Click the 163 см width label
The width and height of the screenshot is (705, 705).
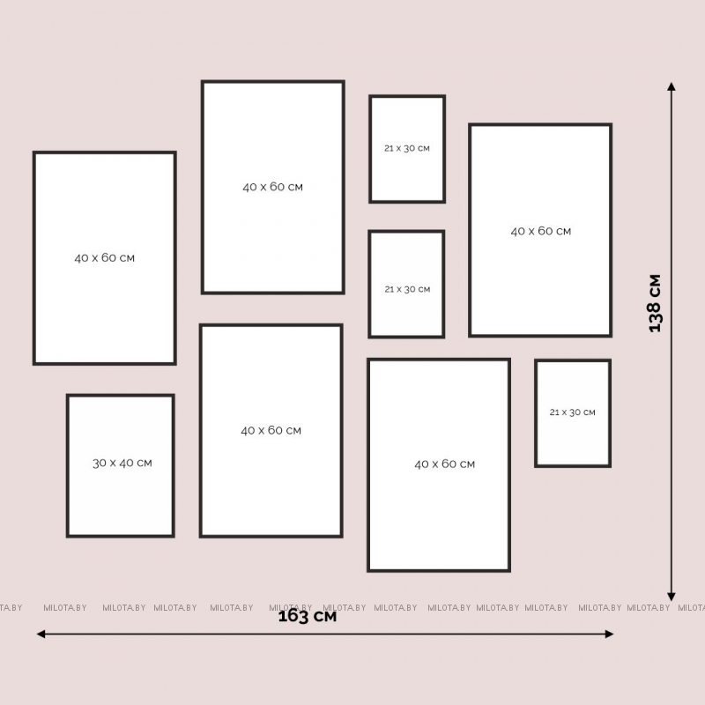pos(307,616)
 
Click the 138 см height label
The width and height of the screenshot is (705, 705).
pos(655,303)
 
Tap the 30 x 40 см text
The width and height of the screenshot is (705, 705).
pos(122,463)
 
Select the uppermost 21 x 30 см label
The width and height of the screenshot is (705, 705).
pos(407,148)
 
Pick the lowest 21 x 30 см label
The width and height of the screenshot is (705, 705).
pos(572,412)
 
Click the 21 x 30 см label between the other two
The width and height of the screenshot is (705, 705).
pos(407,289)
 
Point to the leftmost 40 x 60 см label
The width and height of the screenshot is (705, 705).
pos(104,257)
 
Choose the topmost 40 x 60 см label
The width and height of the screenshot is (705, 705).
pos(273,187)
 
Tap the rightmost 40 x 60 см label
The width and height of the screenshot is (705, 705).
pos(541,231)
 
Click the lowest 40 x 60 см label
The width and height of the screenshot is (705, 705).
pos(445,464)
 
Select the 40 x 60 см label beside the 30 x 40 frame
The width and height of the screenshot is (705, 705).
pos(271,430)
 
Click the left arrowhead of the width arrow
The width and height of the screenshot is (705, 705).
pos(41,634)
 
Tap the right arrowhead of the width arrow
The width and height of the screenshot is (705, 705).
pos(610,634)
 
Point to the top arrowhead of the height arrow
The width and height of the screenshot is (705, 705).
pos(672,86)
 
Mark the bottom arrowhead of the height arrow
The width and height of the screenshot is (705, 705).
pos(672,597)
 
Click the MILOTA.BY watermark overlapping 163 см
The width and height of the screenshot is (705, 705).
pos(291,607)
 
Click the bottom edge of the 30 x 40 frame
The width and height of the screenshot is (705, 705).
pos(121,536)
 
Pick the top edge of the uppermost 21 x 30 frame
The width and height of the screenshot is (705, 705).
pos(407,96)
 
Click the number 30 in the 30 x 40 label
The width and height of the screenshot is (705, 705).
pos(100,463)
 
